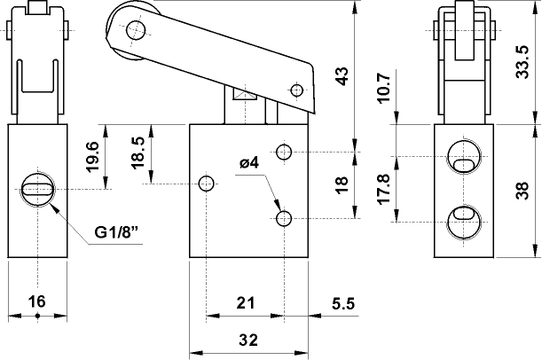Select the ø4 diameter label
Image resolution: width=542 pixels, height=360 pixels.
(248, 163)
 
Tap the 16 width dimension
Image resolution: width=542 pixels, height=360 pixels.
(36, 301)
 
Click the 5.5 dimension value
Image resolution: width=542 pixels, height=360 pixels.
(343, 302)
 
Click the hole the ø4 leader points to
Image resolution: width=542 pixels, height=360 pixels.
(283, 218)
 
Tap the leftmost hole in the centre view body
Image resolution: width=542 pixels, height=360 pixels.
(207, 184)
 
